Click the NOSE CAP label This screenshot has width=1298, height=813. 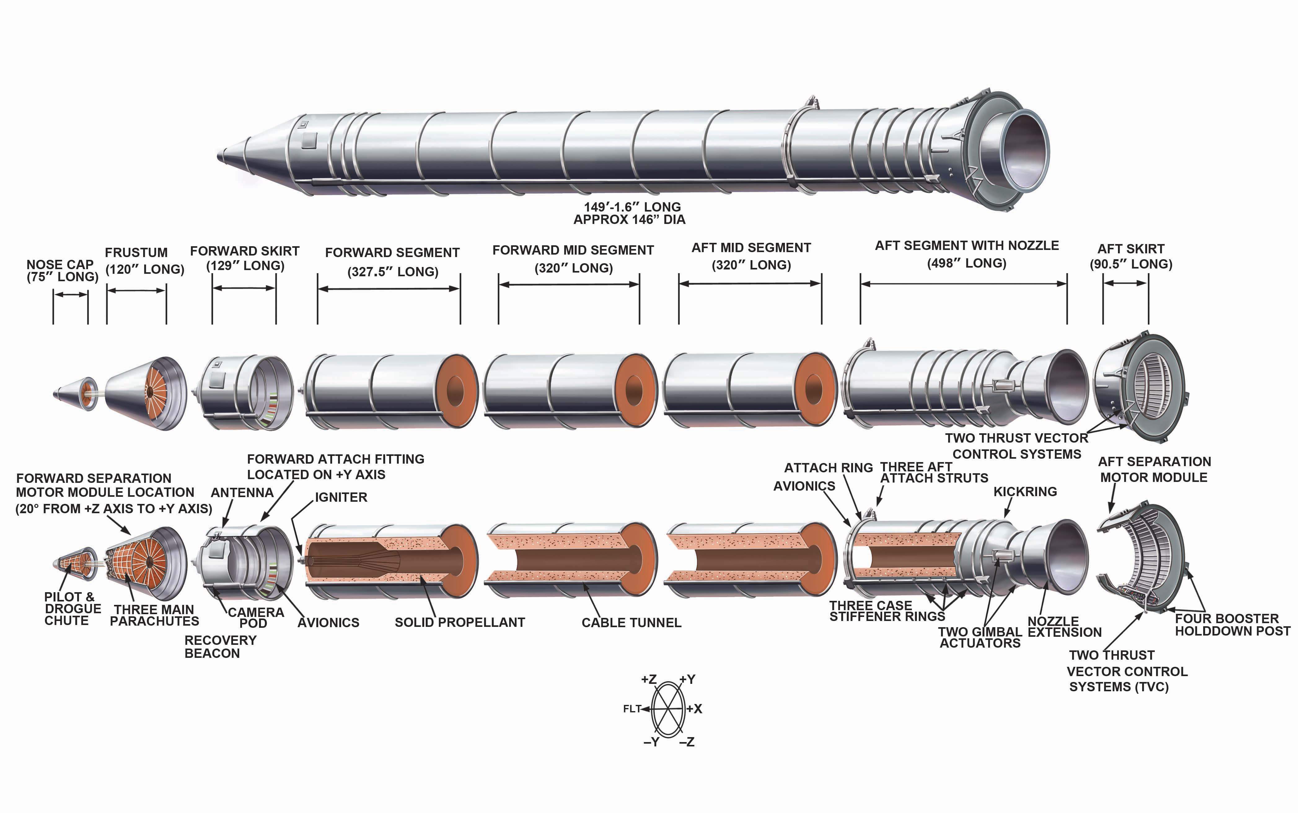click(60, 264)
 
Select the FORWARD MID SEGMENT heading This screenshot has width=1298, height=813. click(573, 251)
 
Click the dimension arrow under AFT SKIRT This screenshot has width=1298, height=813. click(1125, 283)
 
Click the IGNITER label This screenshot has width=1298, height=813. click(341, 497)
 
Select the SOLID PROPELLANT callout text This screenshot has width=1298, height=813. click(460, 623)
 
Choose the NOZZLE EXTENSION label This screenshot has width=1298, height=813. click(1064, 627)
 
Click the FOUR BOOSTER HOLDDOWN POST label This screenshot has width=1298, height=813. click(1232, 625)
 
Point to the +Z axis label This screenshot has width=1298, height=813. click(649, 680)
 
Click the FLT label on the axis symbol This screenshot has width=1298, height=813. click(632, 709)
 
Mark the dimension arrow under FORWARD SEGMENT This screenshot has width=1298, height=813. click(388, 289)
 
